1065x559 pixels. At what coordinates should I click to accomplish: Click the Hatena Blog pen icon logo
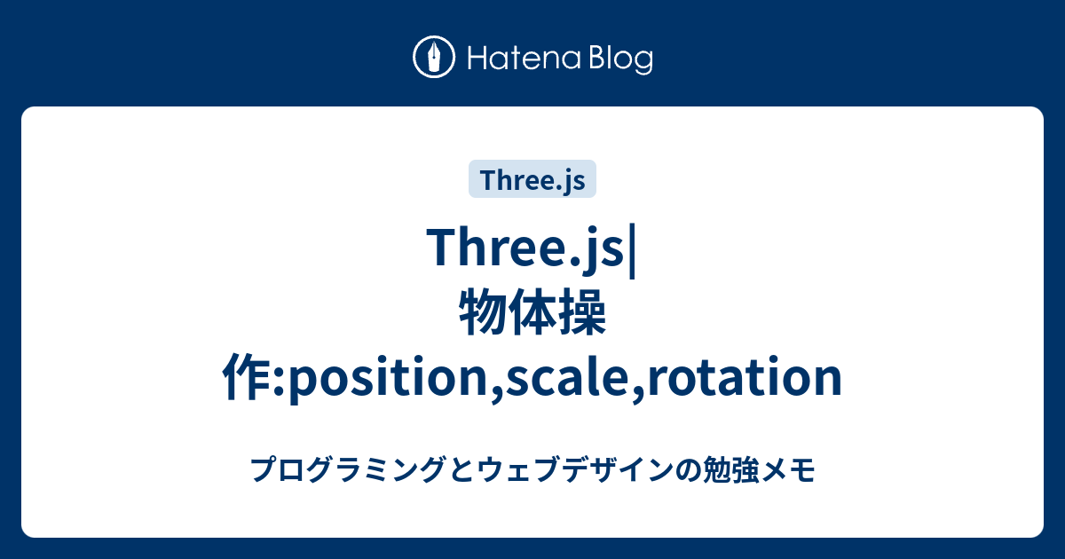click(x=434, y=58)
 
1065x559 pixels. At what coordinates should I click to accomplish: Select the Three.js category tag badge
click(x=532, y=179)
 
